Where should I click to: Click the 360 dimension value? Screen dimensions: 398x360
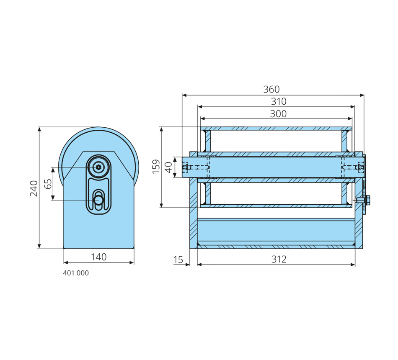pyautogui.click(x=271, y=89)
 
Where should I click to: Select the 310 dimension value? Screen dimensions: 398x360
pyautogui.click(x=279, y=101)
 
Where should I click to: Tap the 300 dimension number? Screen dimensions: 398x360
pyautogui.click(x=278, y=114)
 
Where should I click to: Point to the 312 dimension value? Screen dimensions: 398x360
pyautogui.click(x=279, y=259)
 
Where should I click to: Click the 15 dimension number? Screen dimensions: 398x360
pyautogui.click(x=178, y=260)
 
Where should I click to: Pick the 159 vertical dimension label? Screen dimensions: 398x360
pyautogui.click(x=156, y=167)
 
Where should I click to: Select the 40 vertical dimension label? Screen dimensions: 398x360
pyautogui.click(x=168, y=167)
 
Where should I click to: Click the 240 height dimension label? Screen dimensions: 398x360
pyautogui.click(x=34, y=188)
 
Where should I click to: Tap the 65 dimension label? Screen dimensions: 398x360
pyautogui.click(x=48, y=184)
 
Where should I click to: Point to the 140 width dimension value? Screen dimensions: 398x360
pyautogui.click(x=98, y=257)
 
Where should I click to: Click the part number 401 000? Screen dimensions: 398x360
pyautogui.click(x=76, y=273)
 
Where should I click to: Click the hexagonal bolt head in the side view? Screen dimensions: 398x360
pyautogui.click(x=98, y=167)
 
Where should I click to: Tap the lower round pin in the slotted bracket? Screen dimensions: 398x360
pyautogui.click(x=99, y=200)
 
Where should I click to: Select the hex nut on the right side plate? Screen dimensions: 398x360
pyautogui.click(x=367, y=200)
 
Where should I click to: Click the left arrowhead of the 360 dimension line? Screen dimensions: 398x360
pyautogui.click(x=184, y=95)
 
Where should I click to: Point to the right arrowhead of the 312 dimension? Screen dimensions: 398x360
pyautogui.click(x=353, y=265)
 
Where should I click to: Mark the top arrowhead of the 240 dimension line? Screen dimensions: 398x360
pyautogui.click(x=39, y=129)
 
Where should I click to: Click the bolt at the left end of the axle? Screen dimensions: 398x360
pyautogui.click(x=186, y=167)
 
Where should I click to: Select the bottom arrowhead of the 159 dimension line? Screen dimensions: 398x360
pyautogui.click(x=161, y=205)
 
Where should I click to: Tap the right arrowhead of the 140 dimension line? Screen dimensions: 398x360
pyautogui.click(x=132, y=262)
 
